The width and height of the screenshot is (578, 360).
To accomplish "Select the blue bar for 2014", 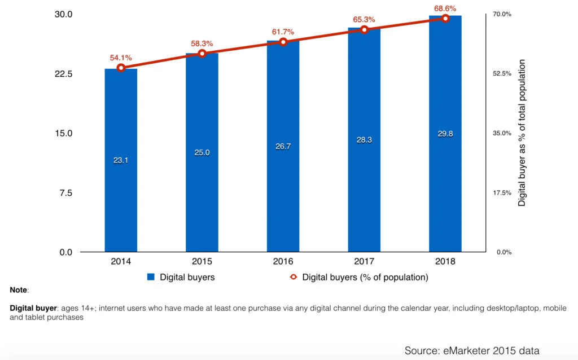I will coord(121,186).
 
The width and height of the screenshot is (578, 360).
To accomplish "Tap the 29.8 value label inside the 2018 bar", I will coord(445,133).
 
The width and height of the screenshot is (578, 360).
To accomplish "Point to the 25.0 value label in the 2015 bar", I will coord(202,152).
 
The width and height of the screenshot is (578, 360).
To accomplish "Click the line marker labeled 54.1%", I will coord(121,68).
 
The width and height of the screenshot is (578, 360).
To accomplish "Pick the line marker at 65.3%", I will coord(365,29).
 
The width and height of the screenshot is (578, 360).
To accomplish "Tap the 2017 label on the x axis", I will coord(365,261).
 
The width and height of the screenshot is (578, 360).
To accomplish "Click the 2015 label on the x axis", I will coord(202,261).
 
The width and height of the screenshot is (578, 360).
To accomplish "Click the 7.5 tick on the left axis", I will coord(66,193).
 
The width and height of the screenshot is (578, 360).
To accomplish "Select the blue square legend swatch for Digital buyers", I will coord(151,277).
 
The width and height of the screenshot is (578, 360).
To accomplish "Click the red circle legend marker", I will coord(294,277).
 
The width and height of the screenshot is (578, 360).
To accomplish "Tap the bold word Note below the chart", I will coord(19,290).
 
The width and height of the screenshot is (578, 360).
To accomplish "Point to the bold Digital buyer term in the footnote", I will coord(32,309).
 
